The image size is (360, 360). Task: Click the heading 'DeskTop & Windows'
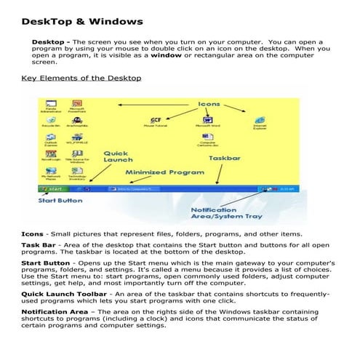coord(82,22)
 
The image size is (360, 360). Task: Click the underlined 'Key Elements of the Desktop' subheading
coord(81,78)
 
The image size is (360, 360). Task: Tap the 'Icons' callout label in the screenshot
coord(209,105)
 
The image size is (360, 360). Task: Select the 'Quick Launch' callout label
coord(117,156)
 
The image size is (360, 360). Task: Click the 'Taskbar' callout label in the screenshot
coord(225,157)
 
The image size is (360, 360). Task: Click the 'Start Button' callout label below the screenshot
coord(60,201)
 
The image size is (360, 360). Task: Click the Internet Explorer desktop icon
coord(260,121)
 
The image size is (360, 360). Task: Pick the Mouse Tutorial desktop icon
coord(156,119)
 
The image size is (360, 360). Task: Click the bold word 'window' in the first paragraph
coord(166,54)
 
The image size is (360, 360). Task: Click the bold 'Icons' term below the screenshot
coord(33,234)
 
